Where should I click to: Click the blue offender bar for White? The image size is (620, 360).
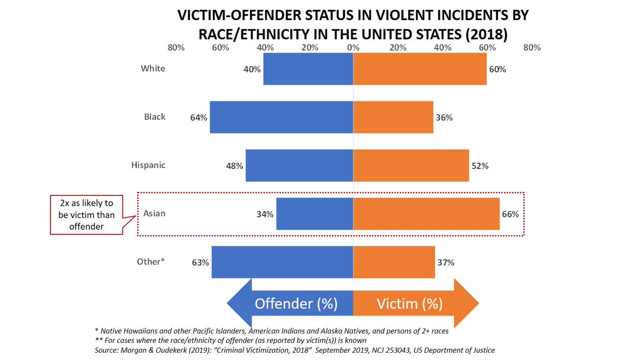(x=308, y=69)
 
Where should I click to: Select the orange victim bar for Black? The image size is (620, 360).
(x=393, y=117)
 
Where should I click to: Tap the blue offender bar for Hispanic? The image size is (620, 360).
(x=299, y=165)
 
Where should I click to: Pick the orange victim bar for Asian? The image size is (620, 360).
(x=426, y=214)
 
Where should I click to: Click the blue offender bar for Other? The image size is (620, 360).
(x=282, y=262)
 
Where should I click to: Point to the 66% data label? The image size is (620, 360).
(x=510, y=214)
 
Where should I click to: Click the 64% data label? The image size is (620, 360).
(x=198, y=118)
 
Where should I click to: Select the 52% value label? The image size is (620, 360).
(x=480, y=166)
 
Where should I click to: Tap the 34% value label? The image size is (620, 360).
(x=265, y=214)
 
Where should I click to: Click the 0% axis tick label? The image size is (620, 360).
(x=353, y=48)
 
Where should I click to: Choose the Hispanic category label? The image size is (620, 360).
(x=148, y=165)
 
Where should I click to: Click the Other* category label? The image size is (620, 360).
(x=151, y=262)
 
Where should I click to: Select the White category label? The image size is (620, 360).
(x=153, y=69)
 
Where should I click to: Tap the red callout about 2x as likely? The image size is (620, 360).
(x=87, y=214)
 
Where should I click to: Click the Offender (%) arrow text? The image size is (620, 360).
(x=296, y=304)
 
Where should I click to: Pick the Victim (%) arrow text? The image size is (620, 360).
(x=409, y=304)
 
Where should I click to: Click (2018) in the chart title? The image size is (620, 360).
(x=485, y=34)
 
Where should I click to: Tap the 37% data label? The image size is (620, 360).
(x=446, y=262)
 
